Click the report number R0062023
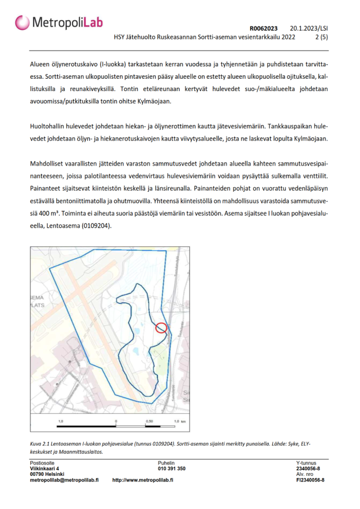coord(263,28)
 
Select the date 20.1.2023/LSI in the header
coord(309,28)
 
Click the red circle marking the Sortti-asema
coord(161,327)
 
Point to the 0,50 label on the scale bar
coord(149,421)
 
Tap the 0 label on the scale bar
coord(115,421)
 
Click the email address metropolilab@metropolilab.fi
coord(64,480)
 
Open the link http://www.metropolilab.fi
coord(142,480)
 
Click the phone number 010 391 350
coord(172,469)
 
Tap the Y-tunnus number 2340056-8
coord(308,469)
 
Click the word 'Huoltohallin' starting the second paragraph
coord(47,127)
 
